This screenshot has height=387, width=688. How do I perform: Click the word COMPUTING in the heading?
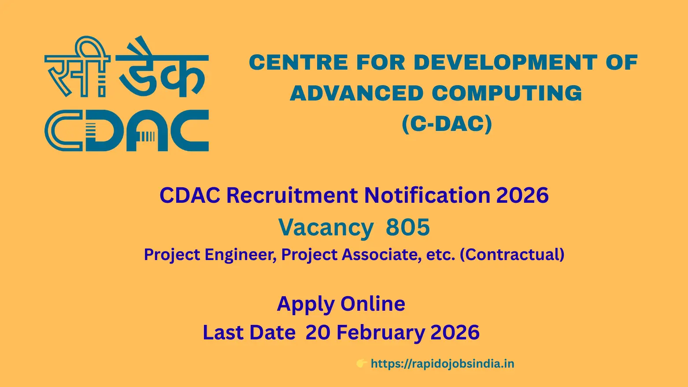click(507, 93)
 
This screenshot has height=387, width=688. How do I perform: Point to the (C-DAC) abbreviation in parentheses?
click(447, 124)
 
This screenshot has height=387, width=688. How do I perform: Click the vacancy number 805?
click(408, 227)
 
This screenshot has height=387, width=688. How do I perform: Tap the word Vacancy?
click(326, 227)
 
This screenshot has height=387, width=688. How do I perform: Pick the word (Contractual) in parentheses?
click(512, 255)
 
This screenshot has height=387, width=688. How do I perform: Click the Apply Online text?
click(341, 304)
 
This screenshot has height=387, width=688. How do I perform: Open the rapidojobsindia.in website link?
click(442, 364)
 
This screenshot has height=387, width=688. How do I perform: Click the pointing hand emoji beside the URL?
click(362, 364)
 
